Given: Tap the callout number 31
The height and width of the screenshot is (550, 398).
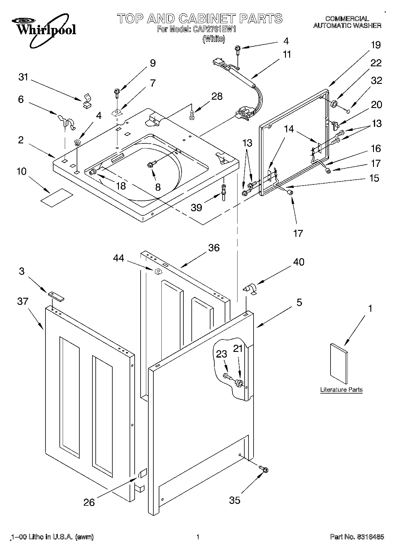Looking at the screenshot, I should point(23,77).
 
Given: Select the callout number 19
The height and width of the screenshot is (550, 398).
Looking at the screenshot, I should point(376,45).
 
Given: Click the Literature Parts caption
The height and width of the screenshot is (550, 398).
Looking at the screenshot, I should point(341,390).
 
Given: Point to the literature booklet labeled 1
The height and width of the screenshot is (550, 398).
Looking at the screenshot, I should point(339,364).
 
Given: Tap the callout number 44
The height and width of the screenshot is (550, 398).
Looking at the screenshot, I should point(119,258).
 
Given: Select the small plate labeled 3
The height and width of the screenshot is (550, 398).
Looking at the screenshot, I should point(56,296).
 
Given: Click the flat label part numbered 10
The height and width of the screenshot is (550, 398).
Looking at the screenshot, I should point(56,197).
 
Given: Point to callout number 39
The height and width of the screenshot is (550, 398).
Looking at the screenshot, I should point(196,207).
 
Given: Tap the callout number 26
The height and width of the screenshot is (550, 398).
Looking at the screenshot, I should point(89,502).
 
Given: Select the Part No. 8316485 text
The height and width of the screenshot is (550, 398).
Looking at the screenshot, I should point(357,537).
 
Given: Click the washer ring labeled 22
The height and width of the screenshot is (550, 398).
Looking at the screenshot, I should point(334,104).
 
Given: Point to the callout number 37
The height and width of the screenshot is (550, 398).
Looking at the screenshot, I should point(23,301).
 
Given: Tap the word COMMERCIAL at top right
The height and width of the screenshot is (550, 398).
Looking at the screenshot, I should point(347,19).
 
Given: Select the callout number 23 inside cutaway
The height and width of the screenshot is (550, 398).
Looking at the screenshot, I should point(221,354).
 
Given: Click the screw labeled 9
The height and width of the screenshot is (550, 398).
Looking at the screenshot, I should point(117,93).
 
